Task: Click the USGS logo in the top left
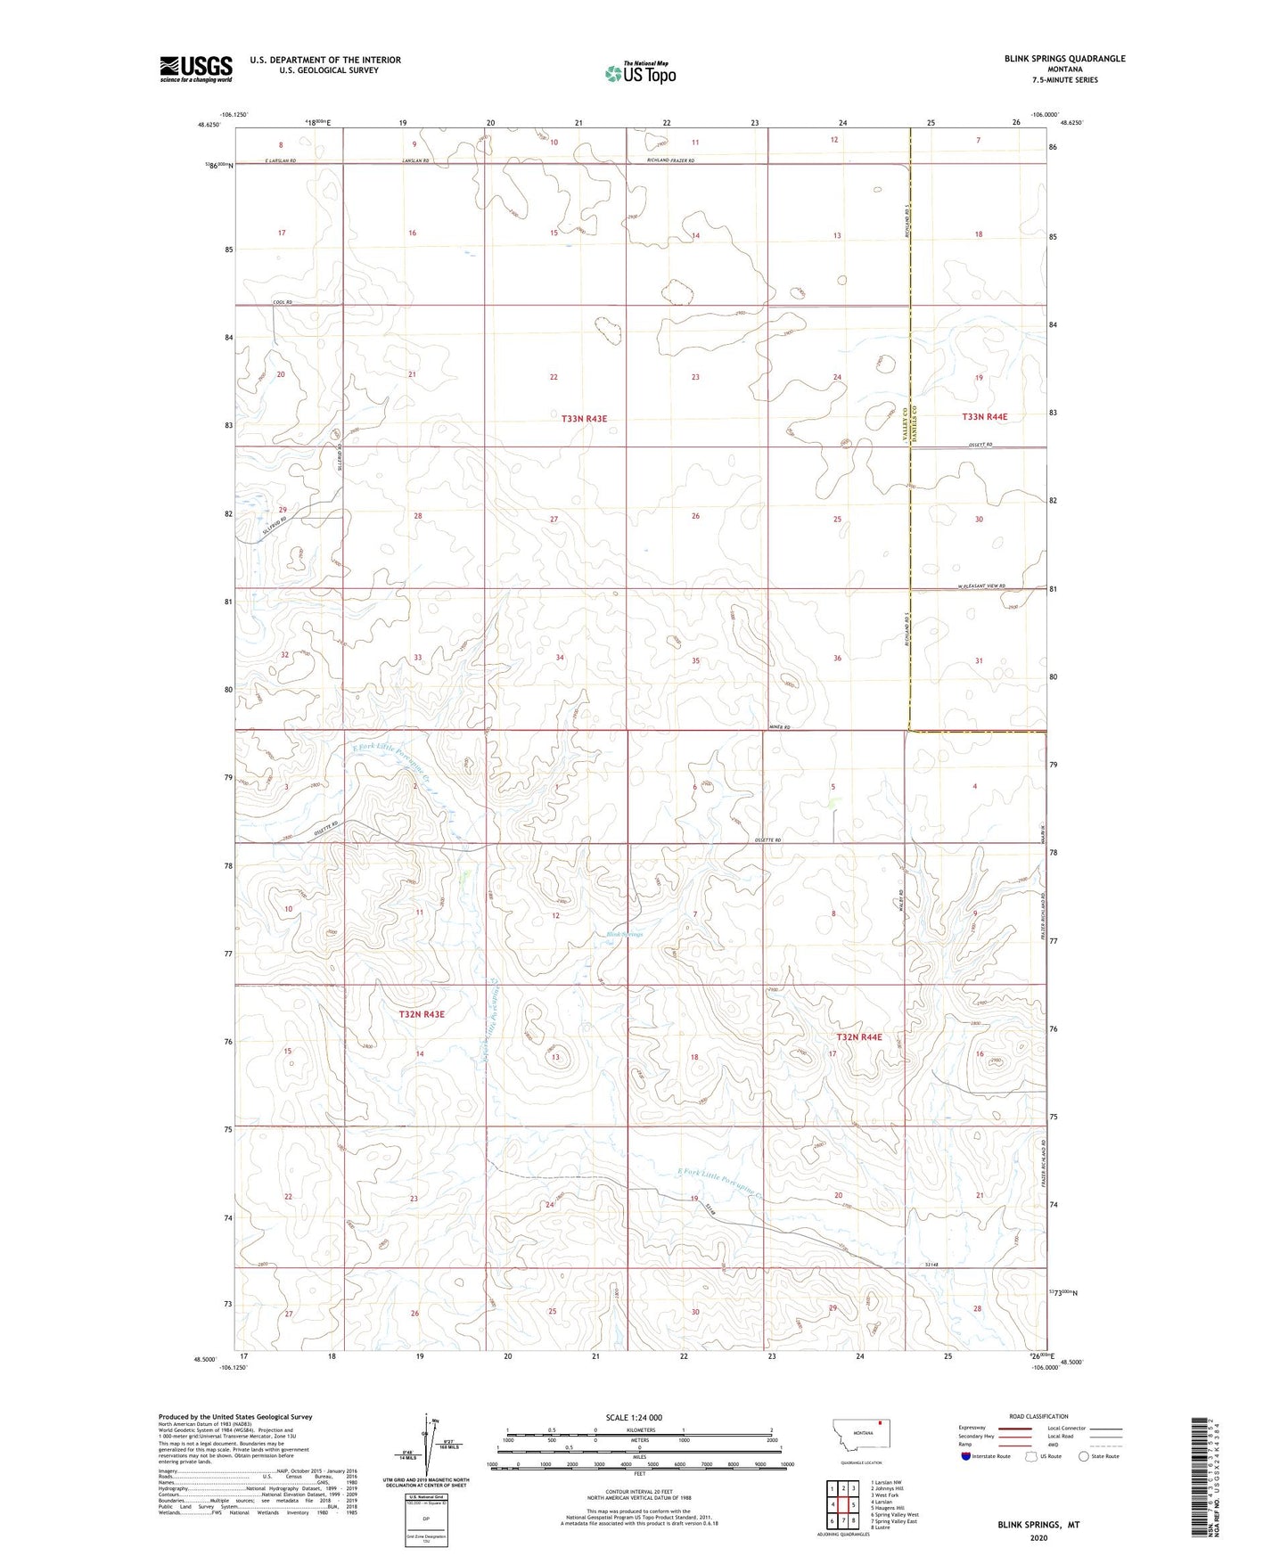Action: pos(195,69)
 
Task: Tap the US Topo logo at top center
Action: pos(640,73)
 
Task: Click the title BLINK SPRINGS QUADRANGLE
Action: pos(1064,59)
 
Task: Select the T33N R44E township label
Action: pos(985,417)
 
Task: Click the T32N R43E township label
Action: pos(422,1014)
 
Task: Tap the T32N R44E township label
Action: pos(859,1037)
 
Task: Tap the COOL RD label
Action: pos(282,303)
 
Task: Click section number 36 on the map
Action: pos(837,658)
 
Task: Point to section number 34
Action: pos(560,658)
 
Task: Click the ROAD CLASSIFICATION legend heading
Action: pos(1038,1416)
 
